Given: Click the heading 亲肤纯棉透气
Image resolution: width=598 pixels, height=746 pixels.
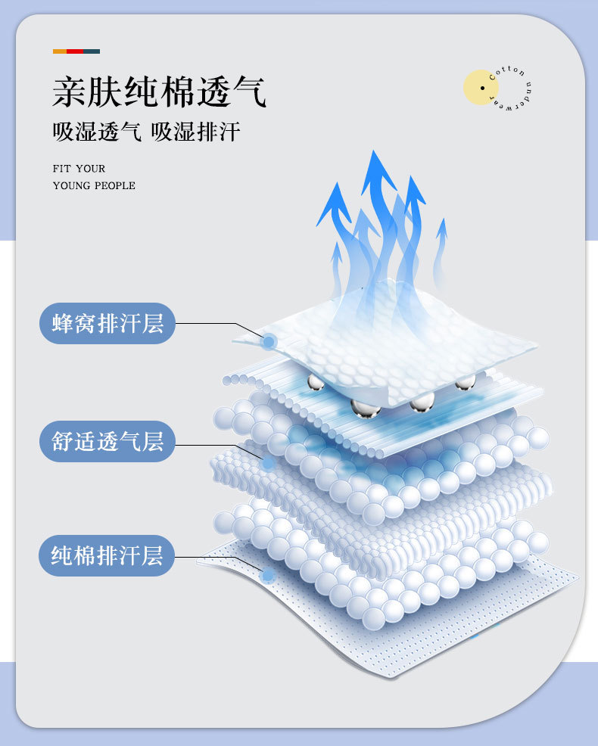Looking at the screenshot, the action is coord(160,91).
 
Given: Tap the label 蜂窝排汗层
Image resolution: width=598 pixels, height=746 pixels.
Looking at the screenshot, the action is coord(107,323).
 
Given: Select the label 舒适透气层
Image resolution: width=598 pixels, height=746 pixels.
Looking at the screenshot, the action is coord(107,440).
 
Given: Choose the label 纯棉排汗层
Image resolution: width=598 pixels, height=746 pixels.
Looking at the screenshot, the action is coord(107,555).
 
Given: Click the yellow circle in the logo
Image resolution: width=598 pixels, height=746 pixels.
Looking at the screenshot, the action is coord(481,87).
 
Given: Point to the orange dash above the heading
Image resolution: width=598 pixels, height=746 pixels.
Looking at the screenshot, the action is coord(59,51).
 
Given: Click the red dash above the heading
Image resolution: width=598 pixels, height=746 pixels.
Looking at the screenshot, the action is coord(75,51).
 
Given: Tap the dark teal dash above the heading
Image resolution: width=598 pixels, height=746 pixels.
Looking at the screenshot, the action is coord(92,51).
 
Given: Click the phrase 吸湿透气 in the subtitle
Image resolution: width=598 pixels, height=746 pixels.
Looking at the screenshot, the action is coord(97,132).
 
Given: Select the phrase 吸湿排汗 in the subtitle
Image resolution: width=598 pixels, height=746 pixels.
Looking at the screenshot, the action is coord(196,132).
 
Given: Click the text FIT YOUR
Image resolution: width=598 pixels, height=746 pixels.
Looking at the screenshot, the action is coord(79,169).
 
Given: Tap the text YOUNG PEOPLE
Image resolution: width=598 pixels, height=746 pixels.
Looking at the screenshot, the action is coord(94,185).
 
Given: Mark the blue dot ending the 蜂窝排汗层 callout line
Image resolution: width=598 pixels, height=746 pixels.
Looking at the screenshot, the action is coord(268,343).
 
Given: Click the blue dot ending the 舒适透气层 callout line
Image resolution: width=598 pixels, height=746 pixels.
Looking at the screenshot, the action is coord(268,462).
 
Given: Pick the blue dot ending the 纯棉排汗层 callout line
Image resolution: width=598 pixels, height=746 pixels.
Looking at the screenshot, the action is coord(266,576).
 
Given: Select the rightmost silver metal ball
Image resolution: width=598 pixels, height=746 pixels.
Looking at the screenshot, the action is coord(465,381).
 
